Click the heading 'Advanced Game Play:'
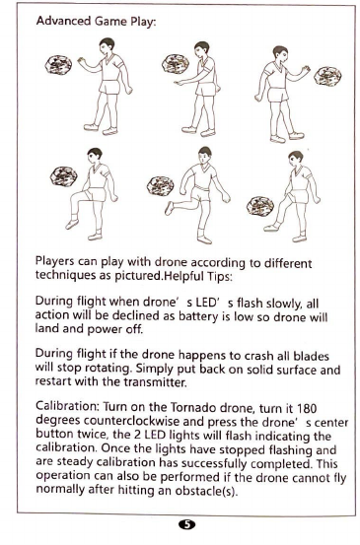[x=96, y=22]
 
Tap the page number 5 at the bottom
[x=187, y=524]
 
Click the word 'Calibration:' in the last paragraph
[x=67, y=406]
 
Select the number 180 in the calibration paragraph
[x=307, y=407]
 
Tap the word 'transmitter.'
[x=155, y=382]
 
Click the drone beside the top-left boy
[x=58, y=65]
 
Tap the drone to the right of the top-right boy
[x=327, y=77]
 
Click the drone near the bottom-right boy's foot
[x=260, y=207]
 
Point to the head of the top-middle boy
[x=202, y=49]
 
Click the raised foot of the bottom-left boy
[x=72, y=224]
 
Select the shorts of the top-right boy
[x=278, y=95]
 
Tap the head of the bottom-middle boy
[x=204, y=155]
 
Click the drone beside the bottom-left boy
[x=64, y=176]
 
